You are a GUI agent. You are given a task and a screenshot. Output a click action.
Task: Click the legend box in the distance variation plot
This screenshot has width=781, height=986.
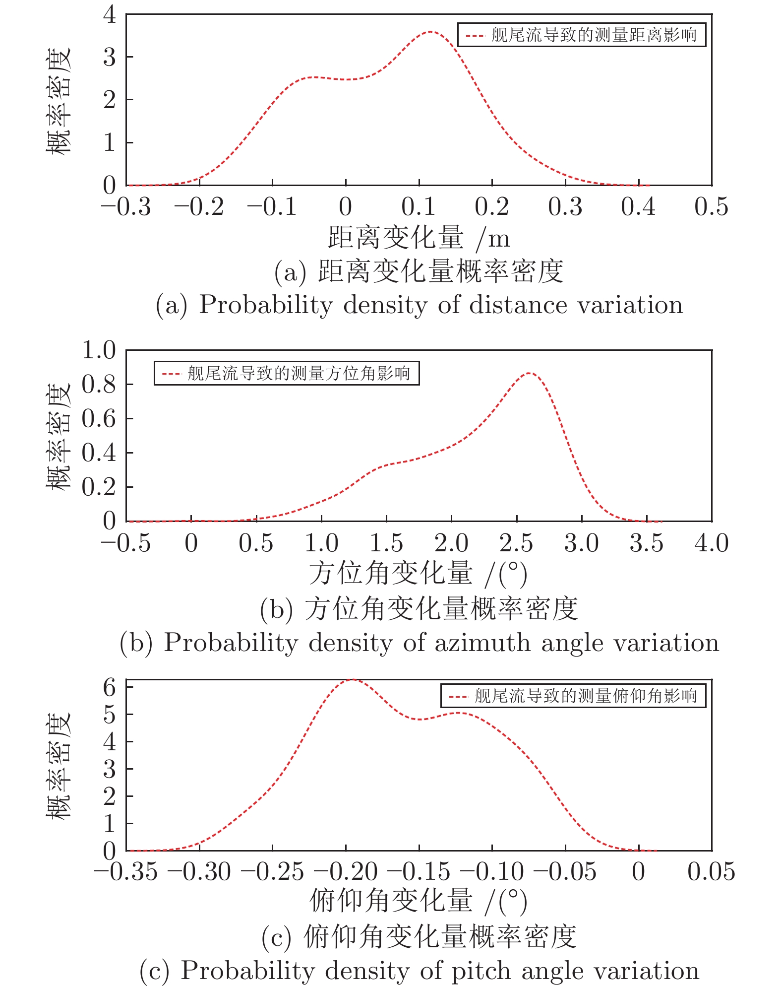581,35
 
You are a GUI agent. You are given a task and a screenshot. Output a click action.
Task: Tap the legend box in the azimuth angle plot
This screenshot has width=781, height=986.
287,373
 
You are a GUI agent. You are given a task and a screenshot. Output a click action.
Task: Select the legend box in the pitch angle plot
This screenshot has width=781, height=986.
573,696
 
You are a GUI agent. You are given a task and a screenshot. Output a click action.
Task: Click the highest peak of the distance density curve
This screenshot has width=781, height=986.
431,32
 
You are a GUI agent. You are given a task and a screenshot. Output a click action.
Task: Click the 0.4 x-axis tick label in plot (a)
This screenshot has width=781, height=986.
638,206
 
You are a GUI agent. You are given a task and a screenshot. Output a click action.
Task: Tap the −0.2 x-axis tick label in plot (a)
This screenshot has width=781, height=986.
199,206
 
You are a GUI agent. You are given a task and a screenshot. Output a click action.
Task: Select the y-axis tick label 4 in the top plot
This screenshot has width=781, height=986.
110,14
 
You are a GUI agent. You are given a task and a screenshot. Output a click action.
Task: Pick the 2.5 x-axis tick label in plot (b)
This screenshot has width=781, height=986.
516,543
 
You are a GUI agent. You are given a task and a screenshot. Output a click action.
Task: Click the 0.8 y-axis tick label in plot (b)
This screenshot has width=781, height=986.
99,384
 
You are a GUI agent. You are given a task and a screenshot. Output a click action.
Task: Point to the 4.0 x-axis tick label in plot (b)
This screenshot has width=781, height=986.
712,543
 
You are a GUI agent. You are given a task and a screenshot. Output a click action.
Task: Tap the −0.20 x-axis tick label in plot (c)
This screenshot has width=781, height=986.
346,872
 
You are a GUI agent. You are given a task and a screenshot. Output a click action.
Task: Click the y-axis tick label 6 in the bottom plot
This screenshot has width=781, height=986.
110,687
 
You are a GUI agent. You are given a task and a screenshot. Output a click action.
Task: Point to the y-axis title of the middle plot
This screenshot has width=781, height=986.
59,436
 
